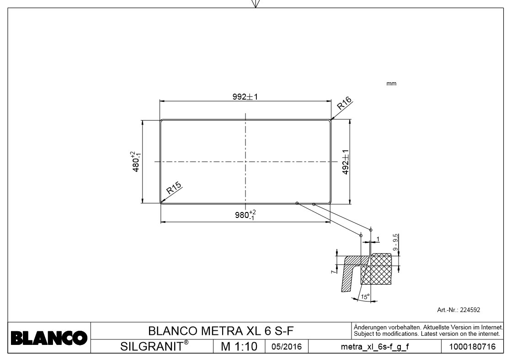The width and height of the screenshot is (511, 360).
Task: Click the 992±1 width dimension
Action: pyautogui.click(x=245, y=97)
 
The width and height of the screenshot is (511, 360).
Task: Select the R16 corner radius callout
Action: pyautogui.click(x=343, y=105)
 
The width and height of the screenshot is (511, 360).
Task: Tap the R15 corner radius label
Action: pyautogui.click(x=174, y=188)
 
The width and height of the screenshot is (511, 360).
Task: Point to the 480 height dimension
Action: pyautogui.click(x=135, y=161)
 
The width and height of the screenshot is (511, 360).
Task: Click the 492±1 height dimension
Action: pyautogui.click(x=346, y=162)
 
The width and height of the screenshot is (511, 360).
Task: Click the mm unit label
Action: pyautogui.click(x=391, y=84)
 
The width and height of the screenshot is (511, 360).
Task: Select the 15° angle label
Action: pyautogui.click(x=365, y=296)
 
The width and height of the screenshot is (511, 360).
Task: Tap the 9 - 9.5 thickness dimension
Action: pyautogui.click(x=395, y=242)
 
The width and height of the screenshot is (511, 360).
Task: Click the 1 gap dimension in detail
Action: pyautogui.click(x=378, y=239)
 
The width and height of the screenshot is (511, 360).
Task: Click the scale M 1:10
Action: pyautogui.click(x=239, y=346)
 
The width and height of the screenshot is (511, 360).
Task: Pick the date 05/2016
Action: pyautogui.click(x=286, y=347)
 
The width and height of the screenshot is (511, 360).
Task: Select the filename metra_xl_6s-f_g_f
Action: pyautogui.click(x=375, y=347)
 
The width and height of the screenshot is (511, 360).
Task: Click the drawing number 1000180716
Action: pyautogui.click(x=472, y=347)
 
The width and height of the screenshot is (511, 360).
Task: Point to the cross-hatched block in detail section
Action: pyautogui.click(x=378, y=270)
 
